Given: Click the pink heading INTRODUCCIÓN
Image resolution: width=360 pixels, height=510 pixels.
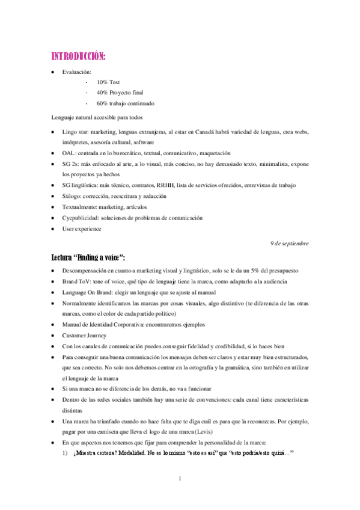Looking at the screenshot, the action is [x=78, y=57].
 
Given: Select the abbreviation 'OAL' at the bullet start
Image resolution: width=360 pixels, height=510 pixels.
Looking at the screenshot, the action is [x=68, y=153].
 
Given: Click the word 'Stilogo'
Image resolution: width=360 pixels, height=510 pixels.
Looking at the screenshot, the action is [x=72, y=196].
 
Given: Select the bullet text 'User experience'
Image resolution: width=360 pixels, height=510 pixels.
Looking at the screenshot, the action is [x=82, y=229].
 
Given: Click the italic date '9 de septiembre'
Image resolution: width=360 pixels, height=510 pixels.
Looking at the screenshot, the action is [x=289, y=243].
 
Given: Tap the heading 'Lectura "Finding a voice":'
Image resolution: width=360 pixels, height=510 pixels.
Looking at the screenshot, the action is [x=88, y=257].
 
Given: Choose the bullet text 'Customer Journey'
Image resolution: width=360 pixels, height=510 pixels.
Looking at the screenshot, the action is [x=85, y=335].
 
